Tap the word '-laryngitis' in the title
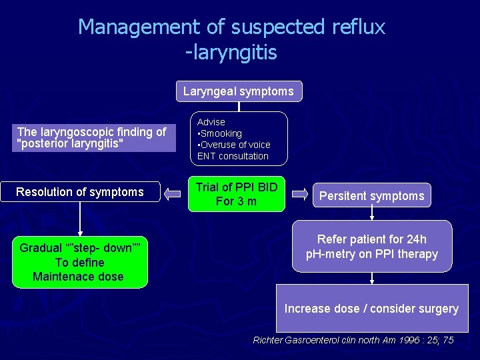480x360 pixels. (231, 52)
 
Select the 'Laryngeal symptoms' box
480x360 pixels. (239, 91)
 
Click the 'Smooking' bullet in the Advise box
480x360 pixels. (221, 133)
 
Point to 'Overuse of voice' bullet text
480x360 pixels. (235, 145)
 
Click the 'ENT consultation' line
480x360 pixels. (233, 156)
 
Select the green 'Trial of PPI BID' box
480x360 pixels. (236, 194)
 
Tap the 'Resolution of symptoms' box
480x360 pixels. (80, 192)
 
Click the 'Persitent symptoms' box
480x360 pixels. (371, 196)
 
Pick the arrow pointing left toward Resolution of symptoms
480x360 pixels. (173, 194)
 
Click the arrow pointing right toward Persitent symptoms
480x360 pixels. (301, 194)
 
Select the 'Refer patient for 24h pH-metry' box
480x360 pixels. (371, 247)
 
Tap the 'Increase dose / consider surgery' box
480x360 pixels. (371, 308)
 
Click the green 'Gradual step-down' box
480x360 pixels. (79, 262)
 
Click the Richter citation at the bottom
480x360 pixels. (353, 340)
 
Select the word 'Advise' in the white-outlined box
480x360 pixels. (211, 122)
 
